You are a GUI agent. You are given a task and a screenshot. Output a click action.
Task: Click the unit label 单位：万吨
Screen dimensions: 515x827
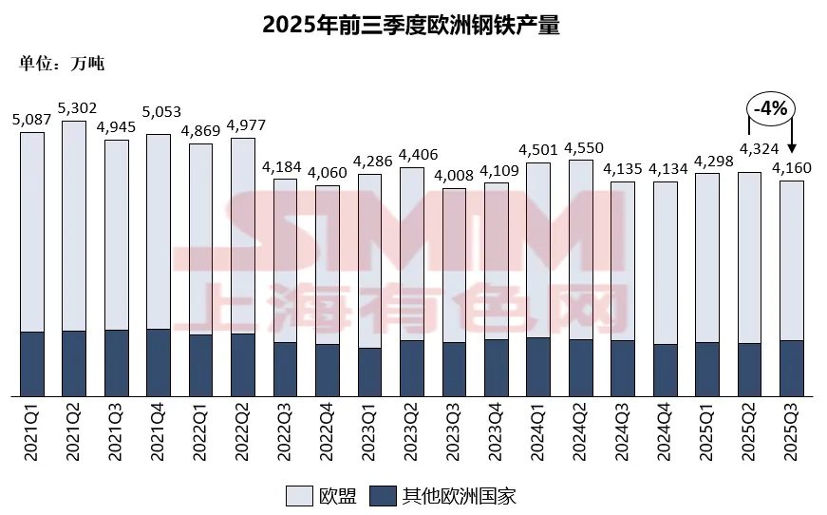click(x=62, y=65)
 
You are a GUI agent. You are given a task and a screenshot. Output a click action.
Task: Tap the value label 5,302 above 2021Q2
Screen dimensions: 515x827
click(x=75, y=108)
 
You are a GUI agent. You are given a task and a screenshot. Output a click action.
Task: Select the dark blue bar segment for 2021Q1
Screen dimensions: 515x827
click(x=32, y=363)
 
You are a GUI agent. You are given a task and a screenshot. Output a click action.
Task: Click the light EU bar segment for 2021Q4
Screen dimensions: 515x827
click(x=159, y=231)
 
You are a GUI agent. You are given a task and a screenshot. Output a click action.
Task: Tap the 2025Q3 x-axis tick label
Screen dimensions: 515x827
click(x=793, y=433)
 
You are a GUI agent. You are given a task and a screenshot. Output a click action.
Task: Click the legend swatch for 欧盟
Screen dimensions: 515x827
click(x=299, y=495)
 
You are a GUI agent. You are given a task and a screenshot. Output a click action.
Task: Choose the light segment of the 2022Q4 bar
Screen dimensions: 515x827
click(x=328, y=264)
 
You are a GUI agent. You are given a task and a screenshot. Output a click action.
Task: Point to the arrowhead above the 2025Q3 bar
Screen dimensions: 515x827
click(x=792, y=148)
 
